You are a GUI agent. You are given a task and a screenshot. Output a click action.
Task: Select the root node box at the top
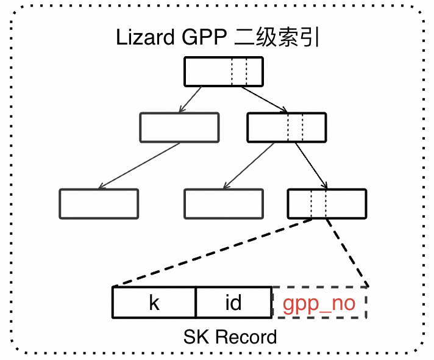[223, 71]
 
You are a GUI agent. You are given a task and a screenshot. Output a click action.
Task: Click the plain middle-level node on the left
[179, 127]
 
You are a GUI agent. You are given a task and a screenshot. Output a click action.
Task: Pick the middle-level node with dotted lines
[285, 127]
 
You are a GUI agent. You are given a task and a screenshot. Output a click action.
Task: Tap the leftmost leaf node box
[99, 204]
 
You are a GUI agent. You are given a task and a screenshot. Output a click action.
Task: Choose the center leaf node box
[223, 204]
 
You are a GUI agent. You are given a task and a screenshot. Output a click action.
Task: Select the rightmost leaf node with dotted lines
[327, 204]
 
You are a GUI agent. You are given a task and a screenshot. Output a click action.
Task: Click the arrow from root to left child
[193, 99]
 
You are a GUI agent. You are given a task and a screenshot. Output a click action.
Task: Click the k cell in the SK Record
[154, 303]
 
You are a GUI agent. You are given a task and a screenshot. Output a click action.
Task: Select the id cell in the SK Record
[233, 303]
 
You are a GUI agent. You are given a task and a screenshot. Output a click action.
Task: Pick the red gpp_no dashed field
[319, 303]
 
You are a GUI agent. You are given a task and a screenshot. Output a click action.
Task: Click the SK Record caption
[230, 336]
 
